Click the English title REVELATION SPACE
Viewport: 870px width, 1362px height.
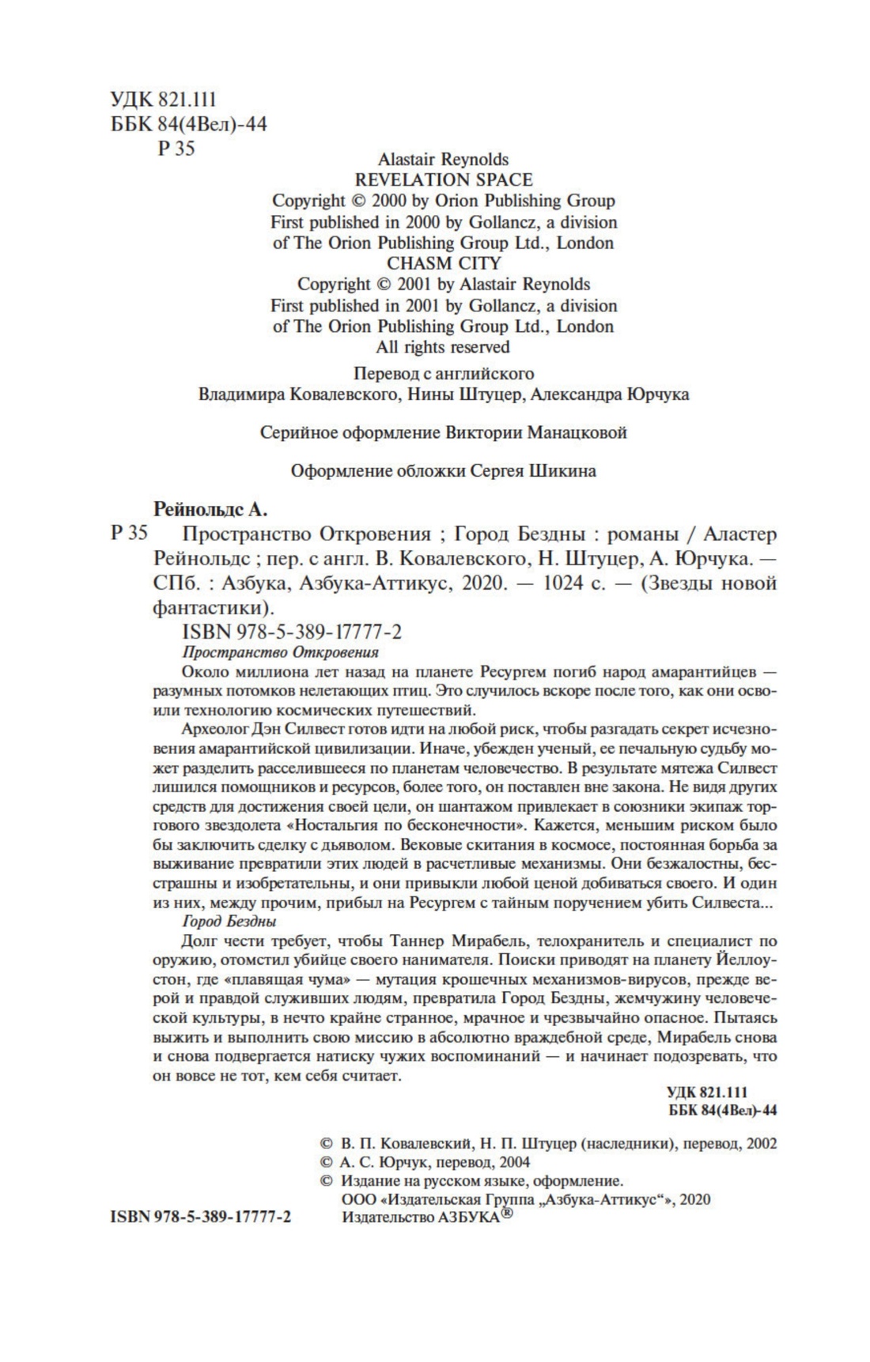tap(443, 180)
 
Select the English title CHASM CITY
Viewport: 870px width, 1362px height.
tap(443, 263)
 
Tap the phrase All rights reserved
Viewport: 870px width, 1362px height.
tap(443, 347)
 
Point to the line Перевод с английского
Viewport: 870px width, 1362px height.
tap(443, 374)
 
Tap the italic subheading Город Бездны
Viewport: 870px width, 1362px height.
tap(229, 922)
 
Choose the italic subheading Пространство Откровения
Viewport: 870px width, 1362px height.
tap(280, 652)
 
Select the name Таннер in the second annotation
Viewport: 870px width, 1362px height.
tap(420, 941)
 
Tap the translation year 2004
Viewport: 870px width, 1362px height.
tap(513, 1162)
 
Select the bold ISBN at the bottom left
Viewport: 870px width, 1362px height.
tap(200, 1217)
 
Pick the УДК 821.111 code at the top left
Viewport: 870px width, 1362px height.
tap(164, 100)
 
